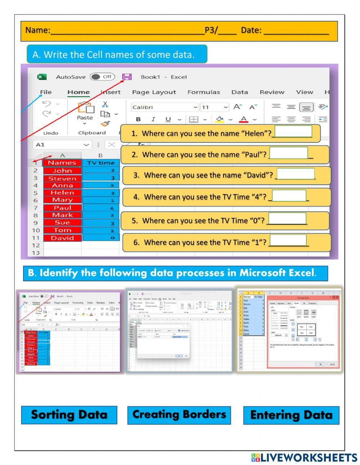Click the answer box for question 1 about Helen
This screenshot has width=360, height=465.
tap(293, 131)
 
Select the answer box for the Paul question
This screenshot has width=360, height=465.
tap(288, 153)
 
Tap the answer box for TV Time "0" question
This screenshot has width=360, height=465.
tap(287, 219)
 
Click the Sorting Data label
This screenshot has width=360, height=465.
tap(69, 415)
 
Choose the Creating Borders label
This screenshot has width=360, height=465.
tap(179, 415)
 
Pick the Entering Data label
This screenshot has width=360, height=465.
tap(291, 415)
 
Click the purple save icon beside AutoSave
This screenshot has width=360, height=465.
tap(127, 77)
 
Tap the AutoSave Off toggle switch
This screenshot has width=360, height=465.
tap(102, 77)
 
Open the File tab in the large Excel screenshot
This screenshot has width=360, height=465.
tap(46, 92)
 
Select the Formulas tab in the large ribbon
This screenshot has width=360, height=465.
tap(203, 92)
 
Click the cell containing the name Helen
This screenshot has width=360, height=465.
tap(62, 193)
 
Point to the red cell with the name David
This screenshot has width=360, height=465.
tap(62, 238)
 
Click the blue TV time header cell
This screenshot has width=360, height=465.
tap(101, 163)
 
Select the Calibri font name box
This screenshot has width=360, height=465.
tap(164, 107)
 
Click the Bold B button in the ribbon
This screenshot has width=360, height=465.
tap(138, 120)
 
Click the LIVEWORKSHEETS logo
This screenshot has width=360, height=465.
tap(304, 457)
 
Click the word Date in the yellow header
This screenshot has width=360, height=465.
tap(251, 30)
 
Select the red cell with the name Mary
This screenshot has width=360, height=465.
tap(62, 200)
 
